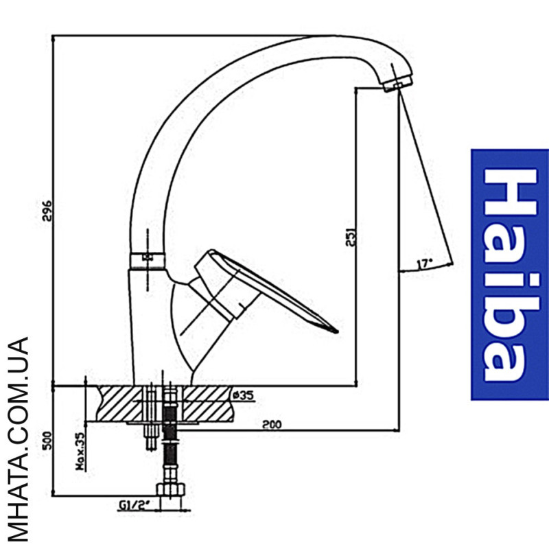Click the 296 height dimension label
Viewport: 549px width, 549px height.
47,211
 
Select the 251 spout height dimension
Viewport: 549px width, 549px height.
351,237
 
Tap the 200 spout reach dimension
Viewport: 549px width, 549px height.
272,424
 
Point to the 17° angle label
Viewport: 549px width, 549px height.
425,264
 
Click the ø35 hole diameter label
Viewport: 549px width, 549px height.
243,395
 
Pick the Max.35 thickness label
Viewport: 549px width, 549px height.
80,452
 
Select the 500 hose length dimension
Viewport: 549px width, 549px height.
47,441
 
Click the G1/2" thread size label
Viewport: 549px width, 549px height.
134,505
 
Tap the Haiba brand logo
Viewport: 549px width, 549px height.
510,274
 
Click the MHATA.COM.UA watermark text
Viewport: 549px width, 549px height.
18,439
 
